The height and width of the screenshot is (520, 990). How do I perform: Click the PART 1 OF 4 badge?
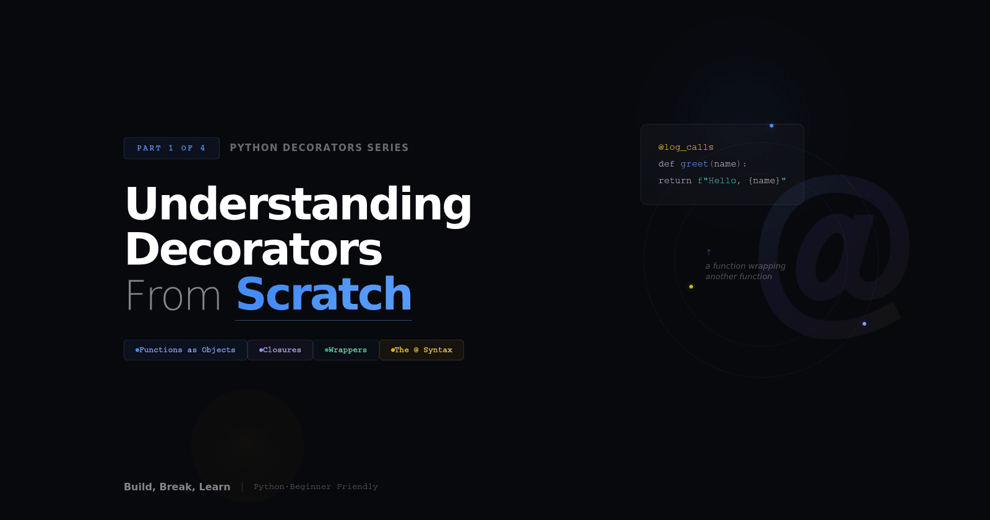click(171, 148)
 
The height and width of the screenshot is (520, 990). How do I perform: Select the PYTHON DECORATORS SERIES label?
click(319, 148)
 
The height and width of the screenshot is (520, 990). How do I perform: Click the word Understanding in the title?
click(298, 204)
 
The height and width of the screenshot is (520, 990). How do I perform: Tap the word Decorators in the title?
click(254, 249)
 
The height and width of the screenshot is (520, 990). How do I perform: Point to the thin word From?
click(173, 295)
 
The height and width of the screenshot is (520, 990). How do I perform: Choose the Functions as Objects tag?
click(186, 350)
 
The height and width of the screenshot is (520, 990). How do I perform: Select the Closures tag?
click(280, 350)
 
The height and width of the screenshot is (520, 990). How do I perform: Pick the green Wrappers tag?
click(346, 350)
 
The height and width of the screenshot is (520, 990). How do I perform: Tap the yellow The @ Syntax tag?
click(421, 350)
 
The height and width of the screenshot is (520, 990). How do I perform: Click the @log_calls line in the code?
click(686, 147)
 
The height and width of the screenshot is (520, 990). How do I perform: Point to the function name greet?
click(694, 164)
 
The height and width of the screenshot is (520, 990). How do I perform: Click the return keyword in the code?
click(674, 181)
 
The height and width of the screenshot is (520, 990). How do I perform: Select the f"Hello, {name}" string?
click(741, 181)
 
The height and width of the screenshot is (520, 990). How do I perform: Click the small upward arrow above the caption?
click(708, 253)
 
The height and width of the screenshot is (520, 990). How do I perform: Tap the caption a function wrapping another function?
click(745, 271)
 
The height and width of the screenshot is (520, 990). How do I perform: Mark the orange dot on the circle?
click(691, 287)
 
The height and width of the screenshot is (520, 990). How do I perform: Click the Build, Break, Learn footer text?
click(177, 487)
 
